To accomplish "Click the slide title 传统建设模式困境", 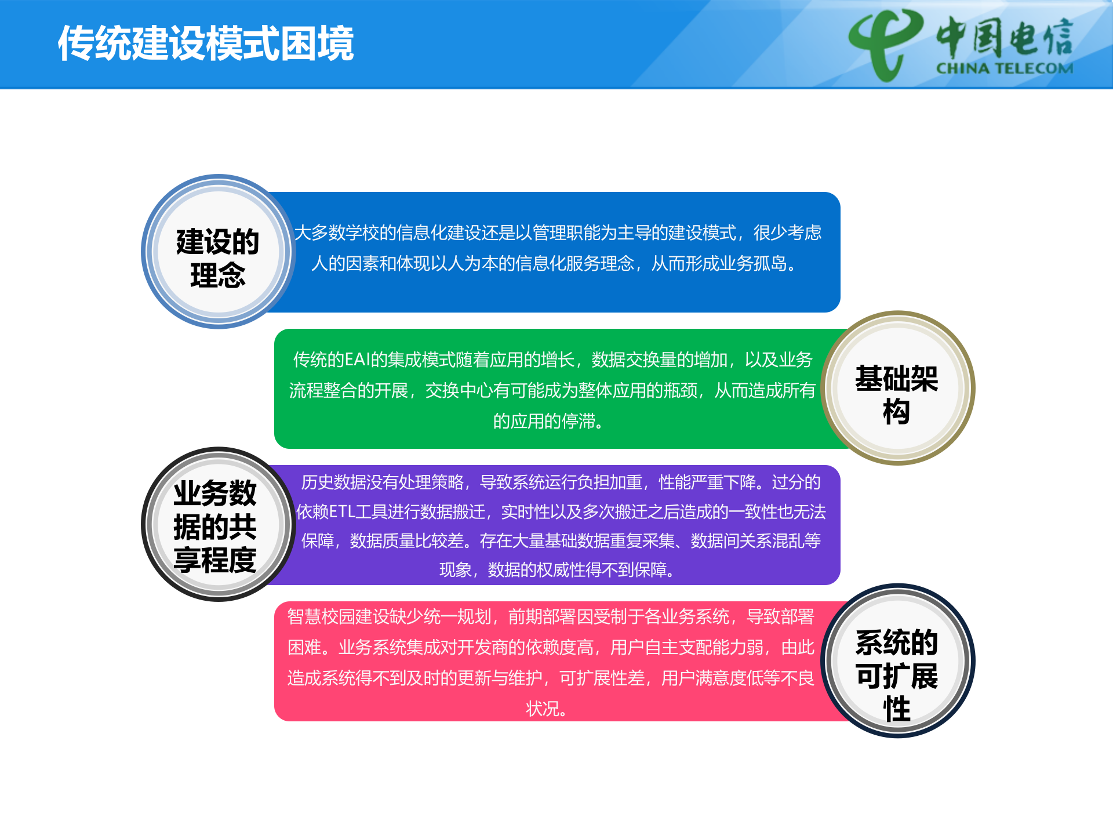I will click(x=206, y=44).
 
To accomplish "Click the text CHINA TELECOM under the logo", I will click(x=1005, y=68).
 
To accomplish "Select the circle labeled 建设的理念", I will click(x=218, y=252).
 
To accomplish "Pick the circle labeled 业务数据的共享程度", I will click(x=218, y=525).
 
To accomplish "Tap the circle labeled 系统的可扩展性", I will click(x=897, y=661).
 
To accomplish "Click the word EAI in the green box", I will click(x=357, y=360).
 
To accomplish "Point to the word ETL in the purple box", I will click(x=341, y=512).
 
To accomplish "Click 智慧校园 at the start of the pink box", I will click(x=321, y=617).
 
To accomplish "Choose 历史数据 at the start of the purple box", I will click(x=334, y=482).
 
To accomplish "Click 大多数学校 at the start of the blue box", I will click(x=337, y=233).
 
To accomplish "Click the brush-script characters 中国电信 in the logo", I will click(x=1005, y=38).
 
